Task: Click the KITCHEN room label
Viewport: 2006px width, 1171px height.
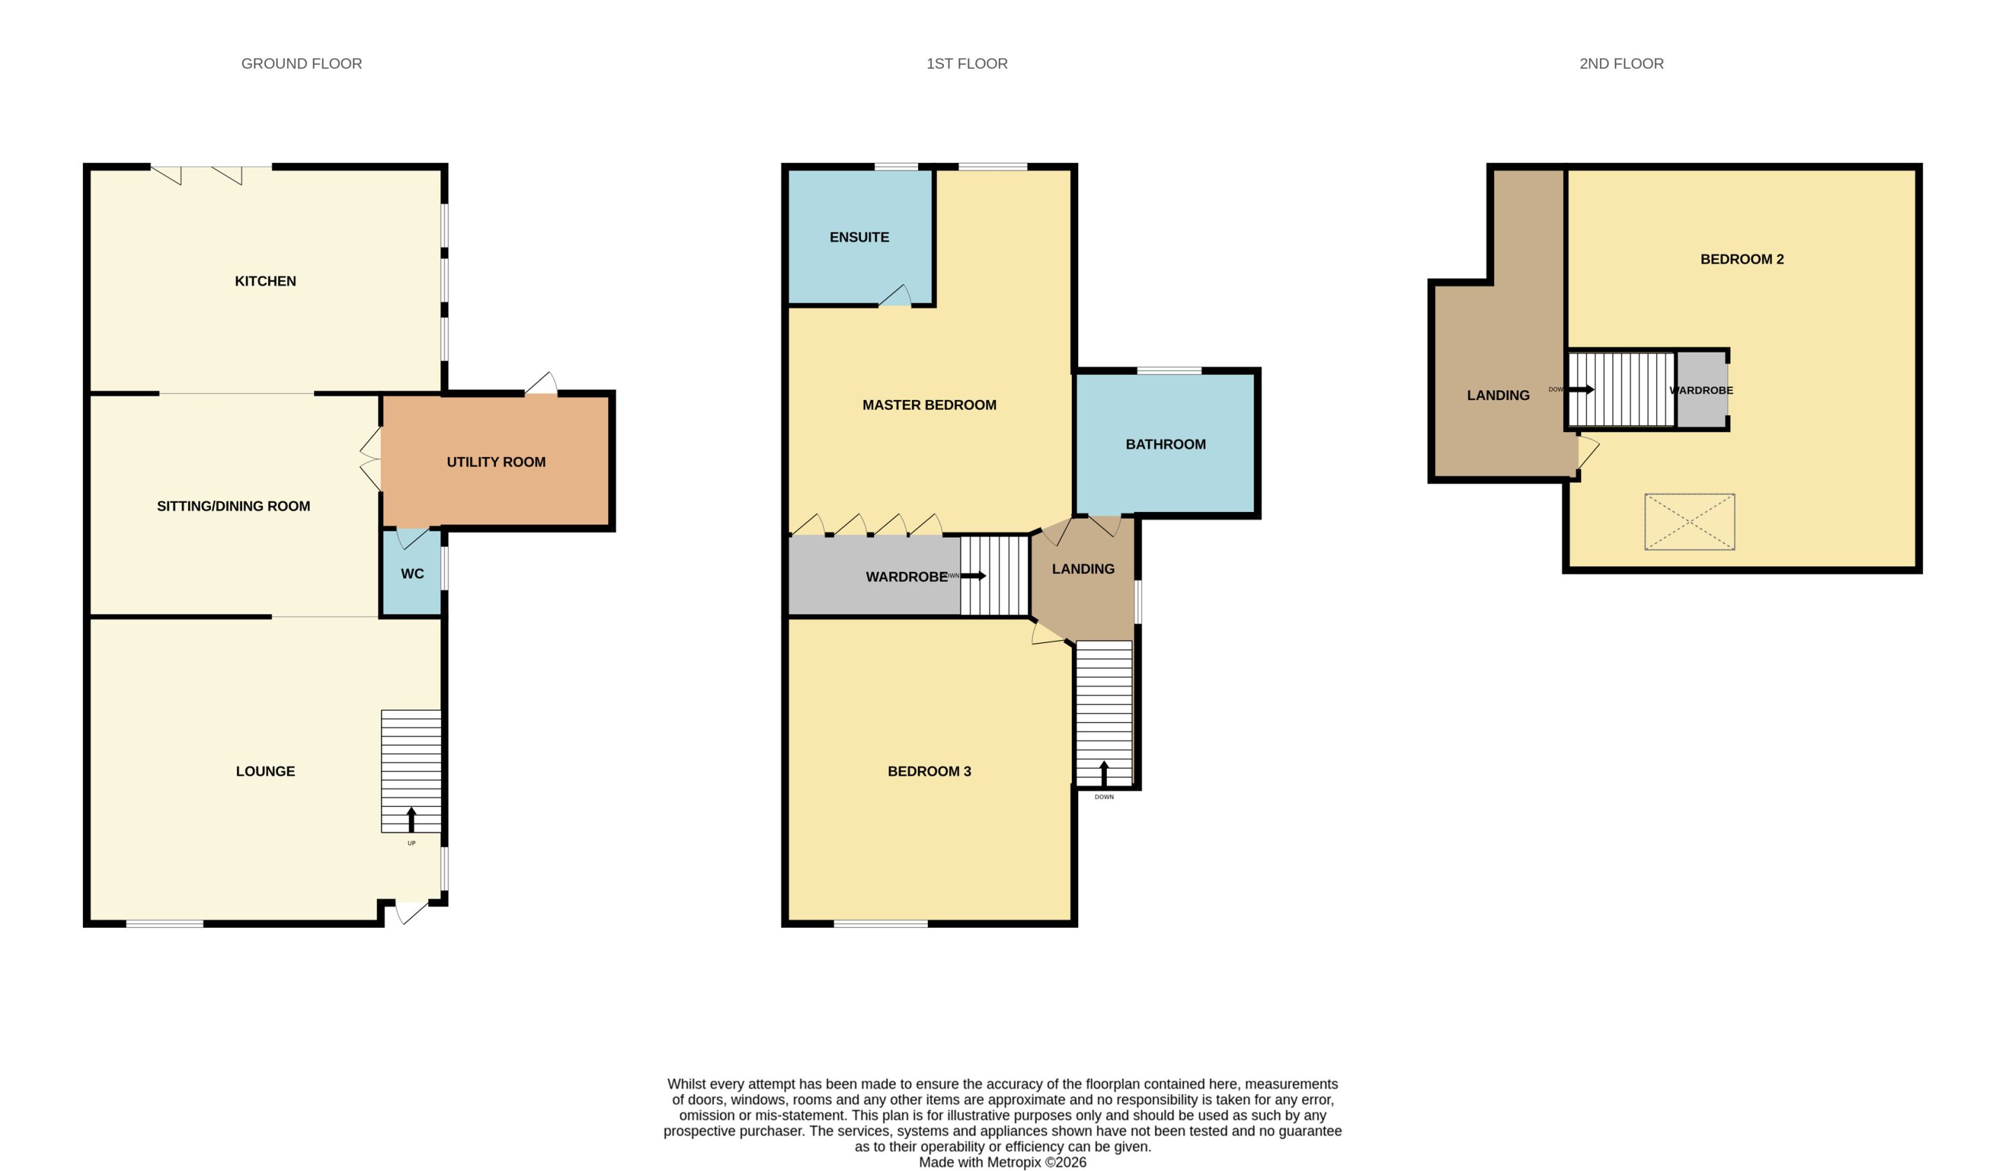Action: click(265, 281)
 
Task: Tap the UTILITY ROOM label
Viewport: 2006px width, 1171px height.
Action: click(496, 462)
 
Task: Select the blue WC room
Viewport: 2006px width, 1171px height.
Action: click(412, 573)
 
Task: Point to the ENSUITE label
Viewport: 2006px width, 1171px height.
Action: click(859, 238)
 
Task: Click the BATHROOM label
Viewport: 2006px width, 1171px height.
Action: click(1165, 444)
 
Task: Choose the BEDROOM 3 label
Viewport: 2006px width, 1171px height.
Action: click(929, 770)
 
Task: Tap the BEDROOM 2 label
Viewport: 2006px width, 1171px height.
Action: click(1742, 258)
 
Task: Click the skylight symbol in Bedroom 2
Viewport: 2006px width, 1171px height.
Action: click(1689, 522)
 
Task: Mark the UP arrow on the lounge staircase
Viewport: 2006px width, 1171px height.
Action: click(412, 819)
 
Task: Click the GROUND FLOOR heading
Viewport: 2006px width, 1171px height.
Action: click(302, 63)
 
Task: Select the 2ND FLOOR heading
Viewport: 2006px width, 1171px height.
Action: click(1622, 63)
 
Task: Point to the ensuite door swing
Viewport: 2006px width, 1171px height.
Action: click(896, 295)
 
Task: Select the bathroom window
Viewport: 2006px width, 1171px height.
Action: click(1169, 370)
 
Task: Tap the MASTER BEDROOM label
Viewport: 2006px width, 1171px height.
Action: click(929, 405)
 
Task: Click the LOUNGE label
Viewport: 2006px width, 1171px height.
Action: click(265, 770)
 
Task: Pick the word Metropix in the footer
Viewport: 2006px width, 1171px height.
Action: click(1014, 1161)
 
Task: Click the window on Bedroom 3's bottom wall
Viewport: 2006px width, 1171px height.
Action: click(880, 924)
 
